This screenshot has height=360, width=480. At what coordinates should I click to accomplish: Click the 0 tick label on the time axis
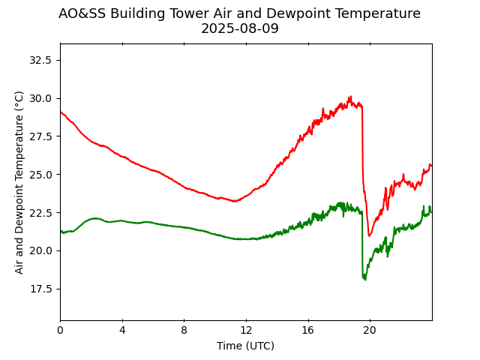pyautogui.click(x=60, y=331)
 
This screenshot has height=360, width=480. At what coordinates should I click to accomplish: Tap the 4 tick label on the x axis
pyautogui.click(x=122, y=331)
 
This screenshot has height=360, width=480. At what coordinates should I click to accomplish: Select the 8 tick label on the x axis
pyautogui.click(x=184, y=331)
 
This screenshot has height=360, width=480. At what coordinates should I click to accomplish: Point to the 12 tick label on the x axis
pyautogui.click(x=246, y=331)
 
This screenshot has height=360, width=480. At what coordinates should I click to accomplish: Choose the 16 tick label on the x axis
pyautogui.click(x=307, y=331)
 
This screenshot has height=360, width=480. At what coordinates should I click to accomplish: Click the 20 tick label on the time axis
pyautogui.click(x=370, y=331)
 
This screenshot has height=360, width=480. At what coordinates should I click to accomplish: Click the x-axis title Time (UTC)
pyautogui.click(x=245, y=346)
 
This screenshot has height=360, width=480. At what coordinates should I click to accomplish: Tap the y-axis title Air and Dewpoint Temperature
pyautogui.click(x=19, y=182)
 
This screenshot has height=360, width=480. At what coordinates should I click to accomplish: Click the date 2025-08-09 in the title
pyautogui.click(x=239, y=28)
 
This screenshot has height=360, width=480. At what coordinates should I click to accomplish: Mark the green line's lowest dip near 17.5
pyautogui.click(x=364, y=280)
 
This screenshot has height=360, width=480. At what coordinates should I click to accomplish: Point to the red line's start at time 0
pyautogui.click(x=61, y=112)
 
